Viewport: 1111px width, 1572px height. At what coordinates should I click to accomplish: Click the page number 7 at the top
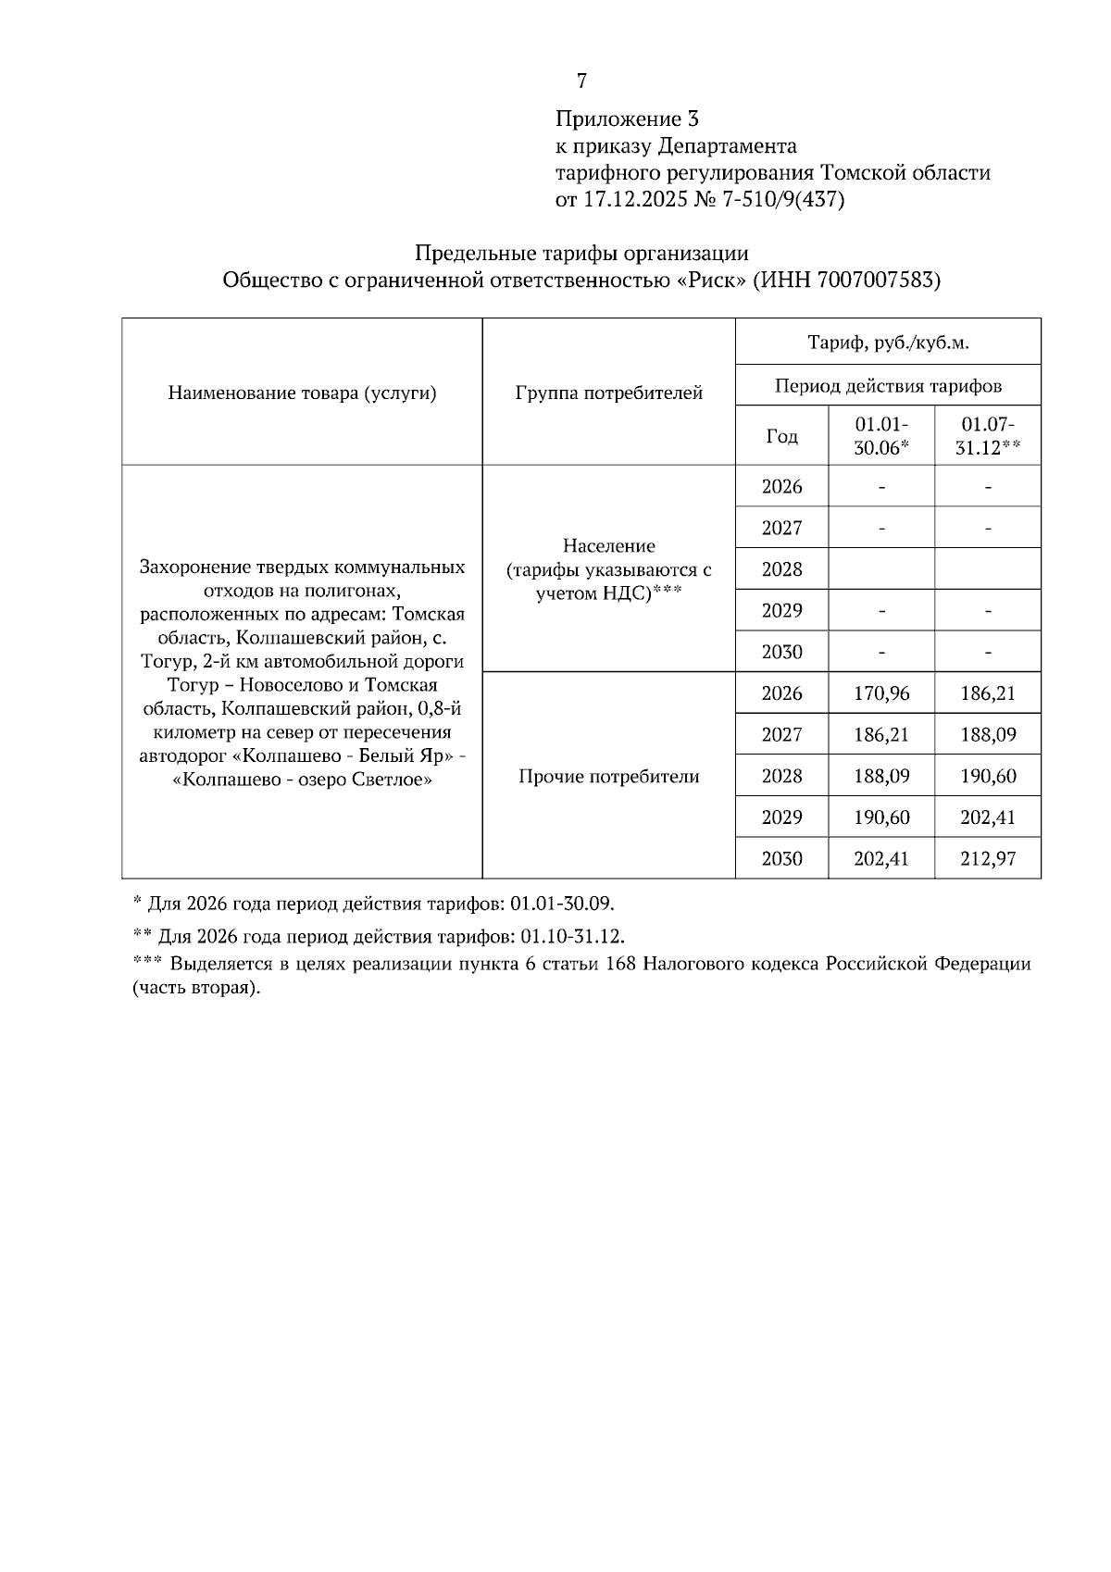coord(581,81)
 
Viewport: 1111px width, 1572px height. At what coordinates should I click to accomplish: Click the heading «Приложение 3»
coord(627,119)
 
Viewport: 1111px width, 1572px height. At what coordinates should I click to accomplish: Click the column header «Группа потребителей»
coord(608,393)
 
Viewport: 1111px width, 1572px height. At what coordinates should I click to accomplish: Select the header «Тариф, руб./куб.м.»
coord(888,343)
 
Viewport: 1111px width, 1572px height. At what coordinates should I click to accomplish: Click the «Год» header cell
coord(781,436)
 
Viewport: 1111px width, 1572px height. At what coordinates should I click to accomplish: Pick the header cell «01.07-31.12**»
coord(988,435)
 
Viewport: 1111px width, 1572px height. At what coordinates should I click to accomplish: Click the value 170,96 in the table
coord(881,693)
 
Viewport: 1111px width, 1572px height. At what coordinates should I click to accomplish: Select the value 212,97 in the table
coord(988,859)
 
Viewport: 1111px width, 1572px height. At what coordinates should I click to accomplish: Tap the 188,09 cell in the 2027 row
coord(988,735)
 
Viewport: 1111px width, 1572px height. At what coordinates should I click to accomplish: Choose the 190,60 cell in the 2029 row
coord(881,817)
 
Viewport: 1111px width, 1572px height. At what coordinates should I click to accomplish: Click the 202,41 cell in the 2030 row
coord(881,859)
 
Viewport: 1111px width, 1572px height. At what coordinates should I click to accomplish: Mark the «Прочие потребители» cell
coord(608,777)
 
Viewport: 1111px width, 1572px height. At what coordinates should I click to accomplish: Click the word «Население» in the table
coord(608,546)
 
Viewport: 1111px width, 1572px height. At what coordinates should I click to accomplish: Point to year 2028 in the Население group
coord(781,569)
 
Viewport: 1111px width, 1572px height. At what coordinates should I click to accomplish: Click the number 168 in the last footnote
coord(618,964)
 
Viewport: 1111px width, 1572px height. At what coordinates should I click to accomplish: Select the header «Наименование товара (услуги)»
coord(302,393)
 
